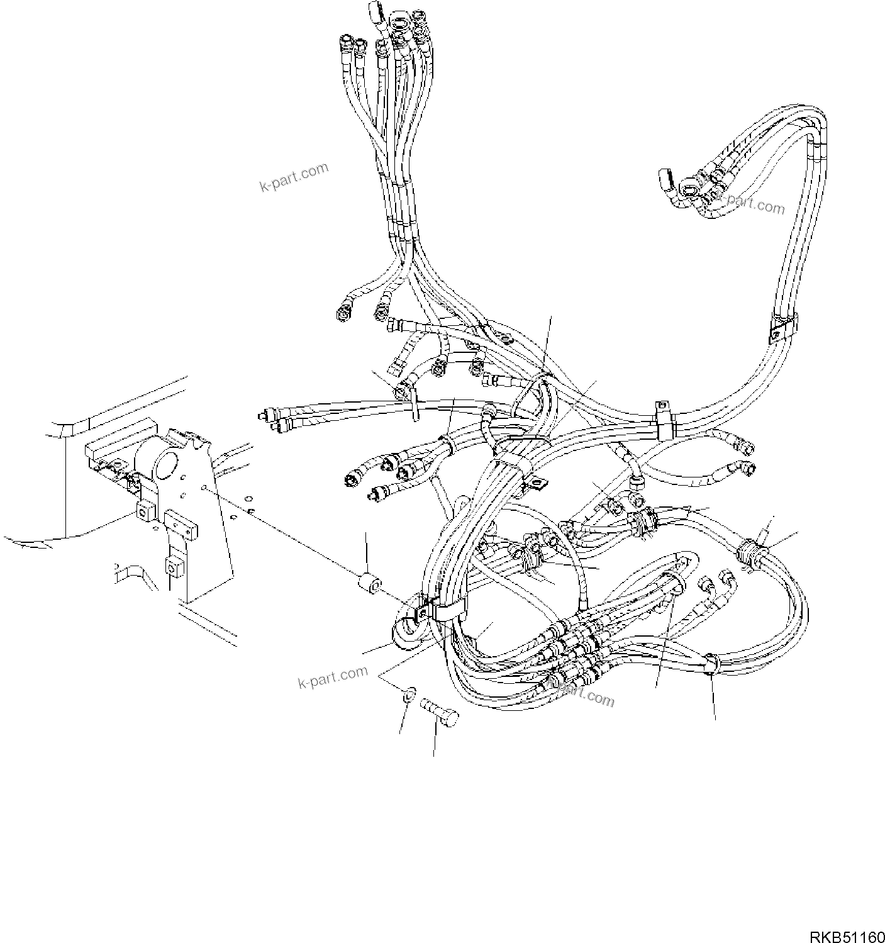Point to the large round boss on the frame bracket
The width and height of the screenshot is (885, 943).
160,466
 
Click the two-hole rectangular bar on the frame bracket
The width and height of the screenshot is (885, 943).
181,522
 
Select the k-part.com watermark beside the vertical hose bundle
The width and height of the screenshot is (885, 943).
294,177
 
